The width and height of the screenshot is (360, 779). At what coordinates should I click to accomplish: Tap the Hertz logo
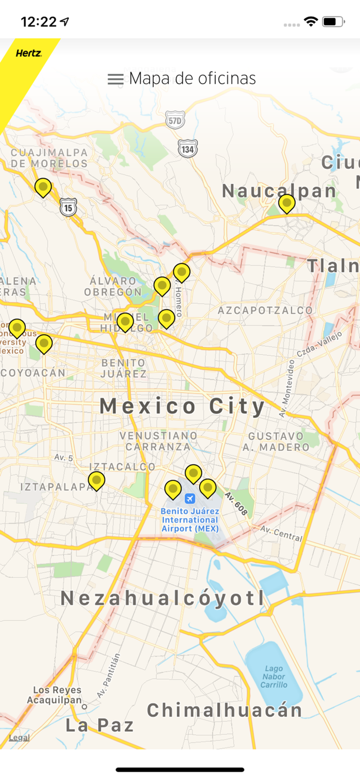pyautogui.click(x=28, y=53)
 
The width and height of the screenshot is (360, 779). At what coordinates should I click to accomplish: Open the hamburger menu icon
pyautogui.click(x=115, y=79)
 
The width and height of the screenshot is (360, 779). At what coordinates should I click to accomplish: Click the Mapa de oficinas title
pyautogui.click(x=192, y=78)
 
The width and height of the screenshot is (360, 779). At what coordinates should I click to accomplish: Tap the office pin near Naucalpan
pyautogui.click(x=286, y=203)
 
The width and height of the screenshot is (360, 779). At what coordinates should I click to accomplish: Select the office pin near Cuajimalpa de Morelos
pyautogui.click(x=43, y=187)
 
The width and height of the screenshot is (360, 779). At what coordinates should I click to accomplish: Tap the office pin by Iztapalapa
pyautogui.click(x=96, y=480)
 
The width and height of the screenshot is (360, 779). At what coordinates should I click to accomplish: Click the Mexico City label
pyautogui.click(x=182, y=406)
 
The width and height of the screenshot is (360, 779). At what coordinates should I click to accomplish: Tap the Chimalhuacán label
pyautogui.click(x=224, y=710)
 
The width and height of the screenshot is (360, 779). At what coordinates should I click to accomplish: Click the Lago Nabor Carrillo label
pyautogui.click(x=274, y=677)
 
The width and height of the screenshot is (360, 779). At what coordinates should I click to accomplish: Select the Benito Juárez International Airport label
pyautogui.click(x=190, y=520)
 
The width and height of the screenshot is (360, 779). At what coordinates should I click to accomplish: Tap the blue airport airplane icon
pyautogui.click(x=190, y=499)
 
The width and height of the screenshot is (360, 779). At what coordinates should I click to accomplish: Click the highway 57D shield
pyautogui.click(x=176, y=120)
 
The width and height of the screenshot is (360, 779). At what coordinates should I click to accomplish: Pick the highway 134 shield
pyautogui.click(x=187, y=148)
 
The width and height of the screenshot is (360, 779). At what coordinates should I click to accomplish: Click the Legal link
pyautogui.click(x=19, y=737)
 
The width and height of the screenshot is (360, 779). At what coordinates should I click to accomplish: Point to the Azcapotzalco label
pyautogui.click(x=265, y=311)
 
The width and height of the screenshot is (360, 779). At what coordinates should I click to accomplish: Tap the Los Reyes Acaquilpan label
pyautogui.click(x=57, y=695)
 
